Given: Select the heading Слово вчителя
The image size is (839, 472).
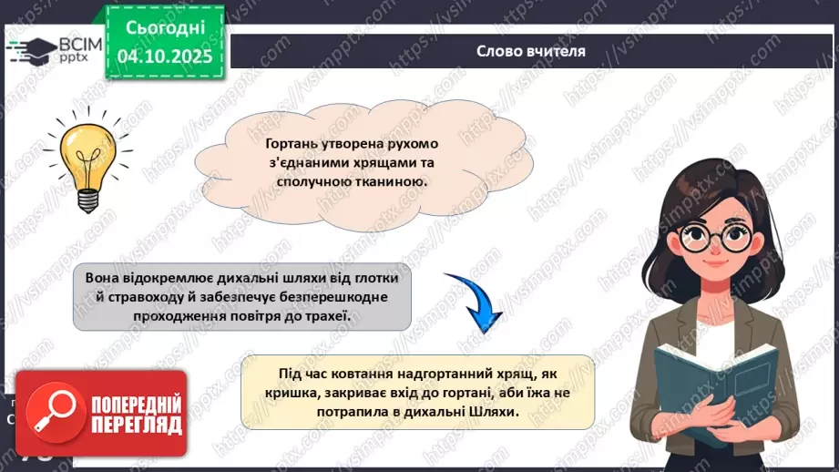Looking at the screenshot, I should [531, 51].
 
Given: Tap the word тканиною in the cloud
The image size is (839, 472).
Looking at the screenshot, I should [391, 182].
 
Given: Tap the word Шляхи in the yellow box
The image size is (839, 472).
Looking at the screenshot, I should [496, 412].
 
